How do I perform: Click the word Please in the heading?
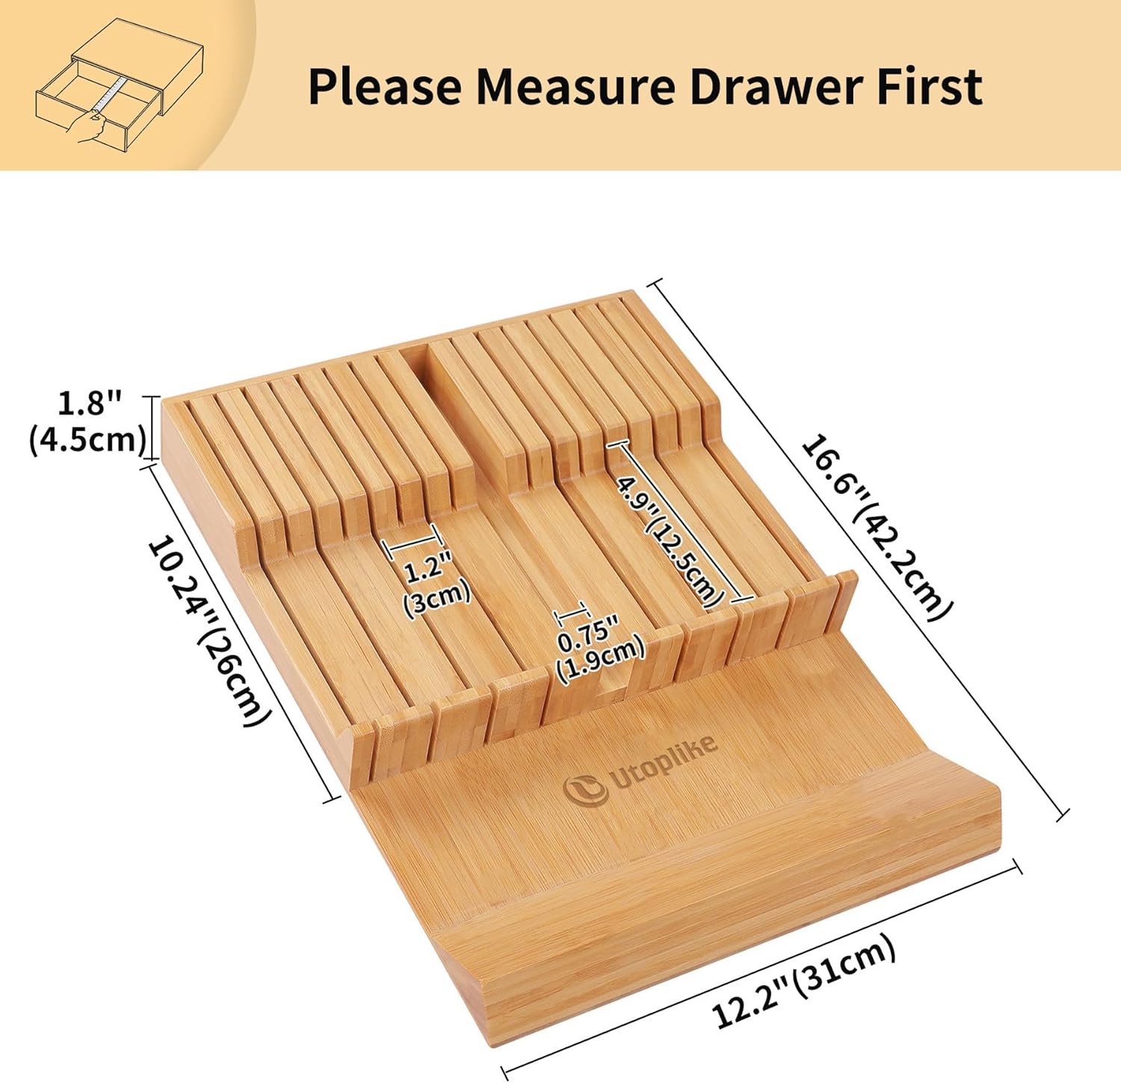coord(385,87)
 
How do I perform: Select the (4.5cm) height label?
coord(87,439)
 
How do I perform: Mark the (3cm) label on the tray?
coord(437,596)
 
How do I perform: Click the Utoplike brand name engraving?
coord(664,763)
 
